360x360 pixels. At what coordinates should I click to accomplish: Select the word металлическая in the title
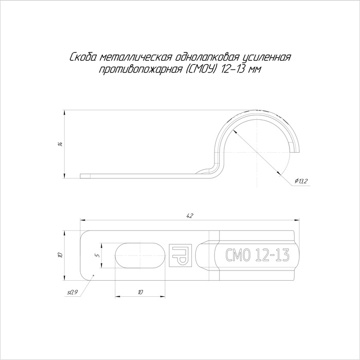click(x=136, y=57)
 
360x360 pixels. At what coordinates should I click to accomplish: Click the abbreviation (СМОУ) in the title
click(x=201, y=69)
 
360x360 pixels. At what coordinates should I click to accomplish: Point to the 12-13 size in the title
click(x=231, y=69)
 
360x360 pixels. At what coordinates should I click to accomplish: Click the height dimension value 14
click(x=60, y=144)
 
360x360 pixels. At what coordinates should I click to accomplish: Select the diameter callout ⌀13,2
click(x=300, y=181)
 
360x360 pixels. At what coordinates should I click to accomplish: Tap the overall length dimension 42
click(x=190, y=215)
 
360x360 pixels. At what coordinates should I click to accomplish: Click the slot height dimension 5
click(x=98, y=255)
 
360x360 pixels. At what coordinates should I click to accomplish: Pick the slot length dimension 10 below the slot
click(x=140, y=292)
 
